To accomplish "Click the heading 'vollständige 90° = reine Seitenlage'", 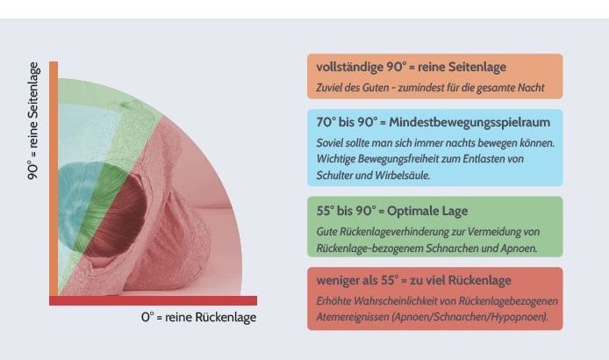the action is click(411, 68).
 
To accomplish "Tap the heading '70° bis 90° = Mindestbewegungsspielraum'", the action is click(433, 122).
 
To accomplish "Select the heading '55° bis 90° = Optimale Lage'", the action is click(391, 211).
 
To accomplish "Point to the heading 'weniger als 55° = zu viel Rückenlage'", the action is click(413, 280).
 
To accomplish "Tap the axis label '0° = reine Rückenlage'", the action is click(199, 317).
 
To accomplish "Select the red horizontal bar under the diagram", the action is click(154, 300).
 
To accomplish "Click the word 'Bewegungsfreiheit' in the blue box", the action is click(416, 159).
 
